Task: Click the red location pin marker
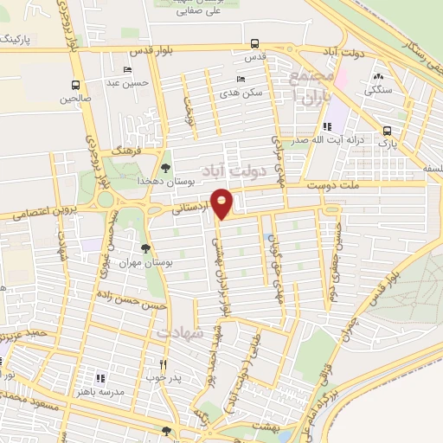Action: point(222,202)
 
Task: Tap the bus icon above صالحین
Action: point(75,85)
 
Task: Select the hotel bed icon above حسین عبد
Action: point(128,70)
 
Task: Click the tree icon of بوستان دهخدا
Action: point(165,168)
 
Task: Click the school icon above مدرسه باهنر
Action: point(100,378)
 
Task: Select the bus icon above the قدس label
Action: point(254,43)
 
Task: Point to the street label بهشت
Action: point(263,427)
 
